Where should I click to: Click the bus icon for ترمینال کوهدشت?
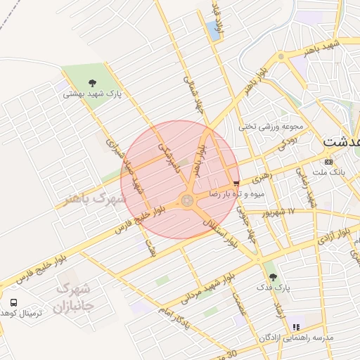pyautogui.click(x=13, y=302)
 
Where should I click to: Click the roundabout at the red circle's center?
pyautogui.click(x=187, y=201)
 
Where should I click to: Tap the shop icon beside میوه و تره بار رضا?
pyautogui.click(x=235, y=183)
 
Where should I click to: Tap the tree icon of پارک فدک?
pyautogui.click(x=273, y=277)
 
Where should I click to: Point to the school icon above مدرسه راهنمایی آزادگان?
pyautogui.click(x=297, y=327)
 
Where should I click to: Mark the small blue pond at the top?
pyautogui.click(x=212, y=30)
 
